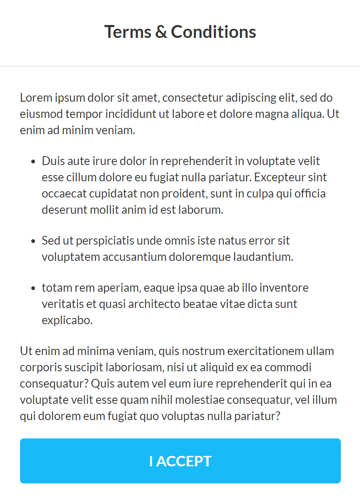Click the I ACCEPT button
pos(180,461)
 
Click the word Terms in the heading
pos(127,32)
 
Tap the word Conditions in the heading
pos(213,32)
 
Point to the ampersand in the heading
pos(160,32)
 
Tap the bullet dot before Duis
pos(33,162)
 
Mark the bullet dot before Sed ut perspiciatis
pos(33,241)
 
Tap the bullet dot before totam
pos(33,288)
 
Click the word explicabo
pos(67,320)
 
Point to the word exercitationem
pos(258,351)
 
